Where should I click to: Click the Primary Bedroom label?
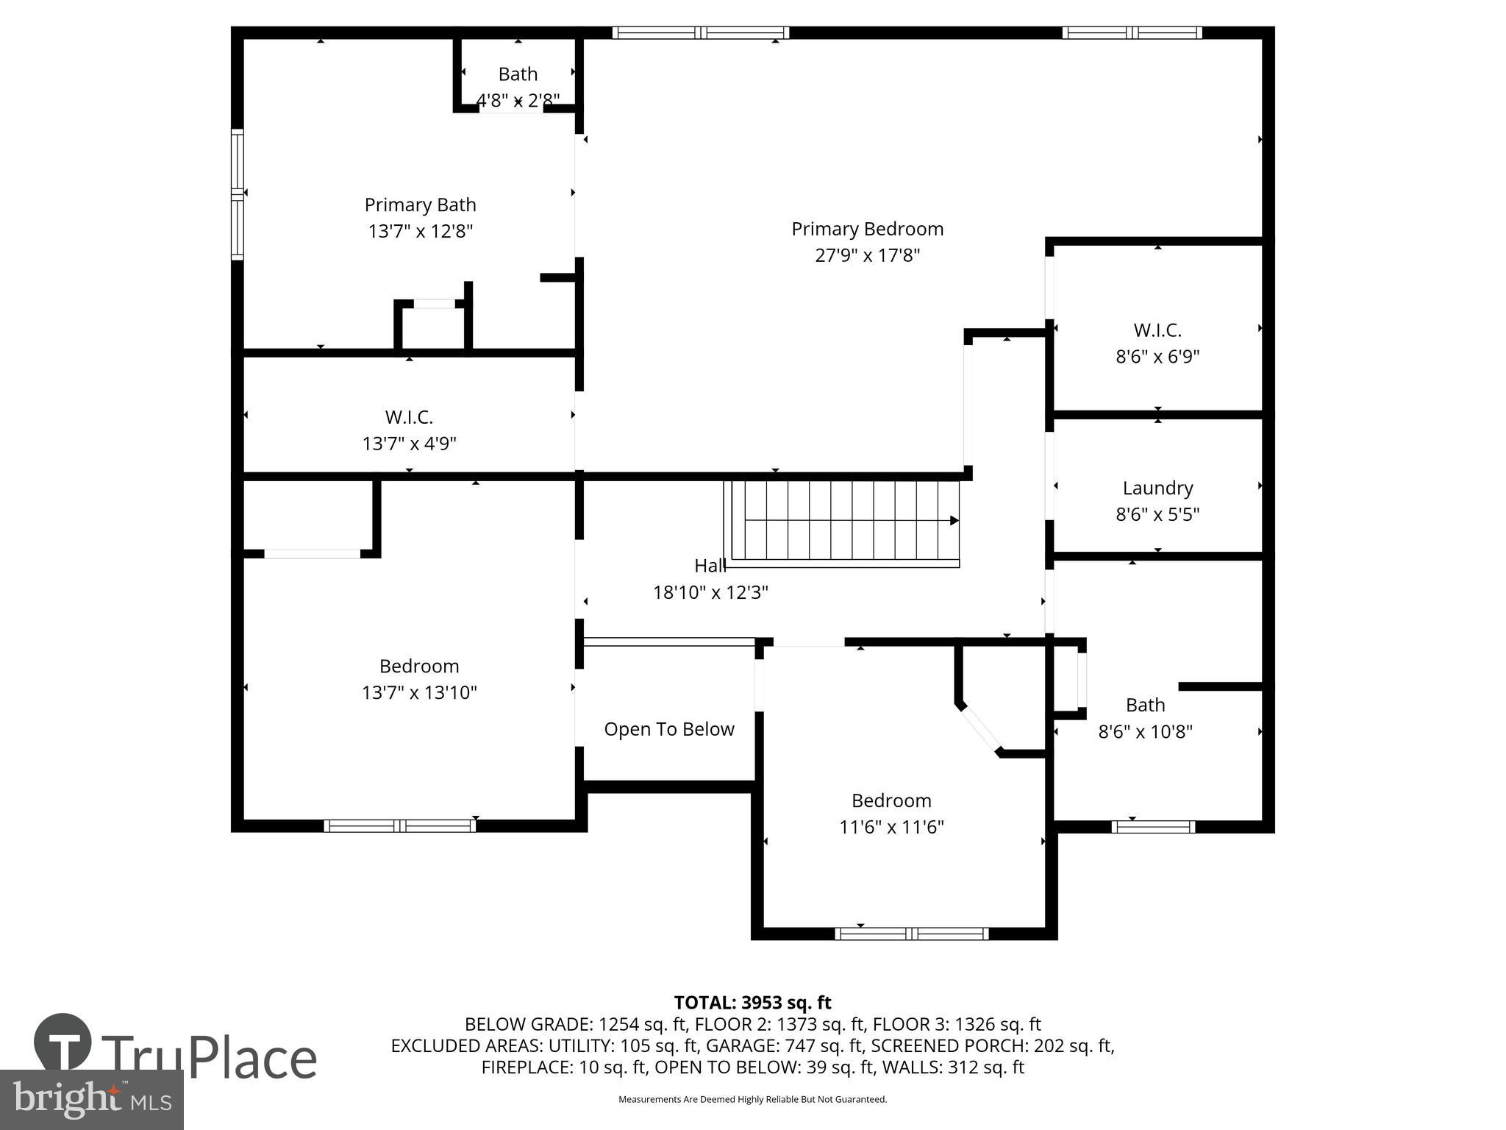coord(867,229)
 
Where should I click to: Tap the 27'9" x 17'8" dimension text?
coord(867,255)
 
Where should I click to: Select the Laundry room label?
coord(1157,488)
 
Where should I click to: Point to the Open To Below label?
coord(668,729)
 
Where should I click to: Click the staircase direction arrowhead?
coord(954,521)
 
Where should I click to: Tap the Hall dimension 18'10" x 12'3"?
coord(710,592)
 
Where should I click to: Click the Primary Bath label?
coord(420,205)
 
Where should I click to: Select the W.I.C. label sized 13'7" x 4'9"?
coord(409,417)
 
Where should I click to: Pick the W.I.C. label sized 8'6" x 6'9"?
coord(1157,330)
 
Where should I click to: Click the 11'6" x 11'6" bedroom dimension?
coord(891,827)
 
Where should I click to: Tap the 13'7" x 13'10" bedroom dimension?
coord(419,692)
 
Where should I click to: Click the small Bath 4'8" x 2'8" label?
coord(518,74)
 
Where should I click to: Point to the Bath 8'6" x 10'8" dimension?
coord(1145,731)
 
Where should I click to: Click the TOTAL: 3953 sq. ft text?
coord(752,1003)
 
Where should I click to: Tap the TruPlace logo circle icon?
coord(63,1042)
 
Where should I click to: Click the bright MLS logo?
coord(91,1099)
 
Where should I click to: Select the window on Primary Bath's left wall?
coord(238,194)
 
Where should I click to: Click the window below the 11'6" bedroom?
coord(911,934)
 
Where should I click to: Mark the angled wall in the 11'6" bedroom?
coord(979,728)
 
